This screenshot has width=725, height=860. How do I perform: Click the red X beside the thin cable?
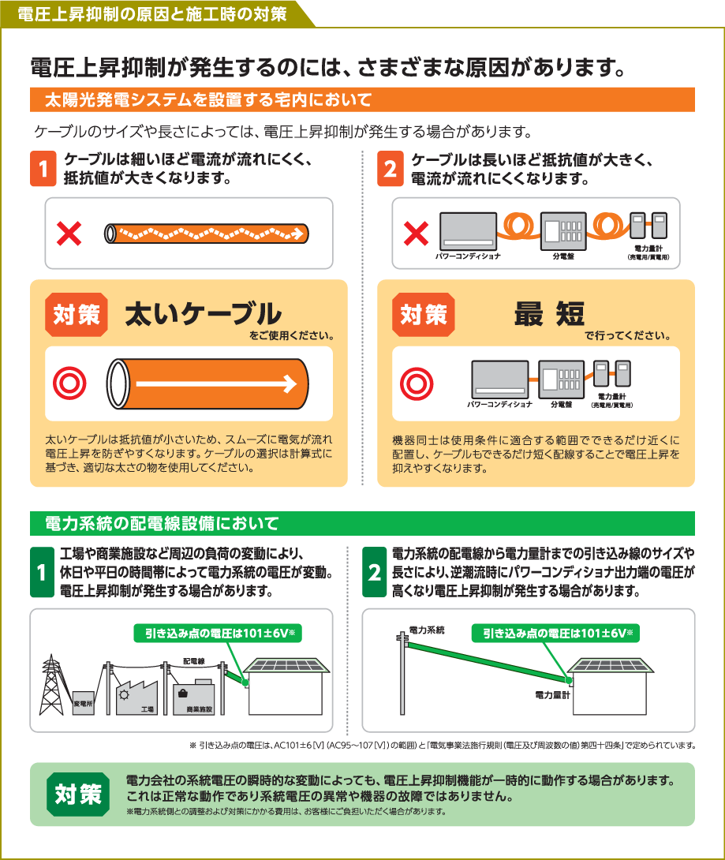(70, 234)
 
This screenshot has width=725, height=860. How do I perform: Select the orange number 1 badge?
(43, 170)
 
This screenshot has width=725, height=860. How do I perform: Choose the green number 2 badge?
(374, 572)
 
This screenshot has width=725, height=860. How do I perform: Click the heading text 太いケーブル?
(203, 314)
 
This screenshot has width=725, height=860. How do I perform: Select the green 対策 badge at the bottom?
(78, 794)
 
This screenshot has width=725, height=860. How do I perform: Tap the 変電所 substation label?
(83, 702)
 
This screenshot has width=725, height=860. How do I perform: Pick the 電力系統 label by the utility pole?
(427, 630)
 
